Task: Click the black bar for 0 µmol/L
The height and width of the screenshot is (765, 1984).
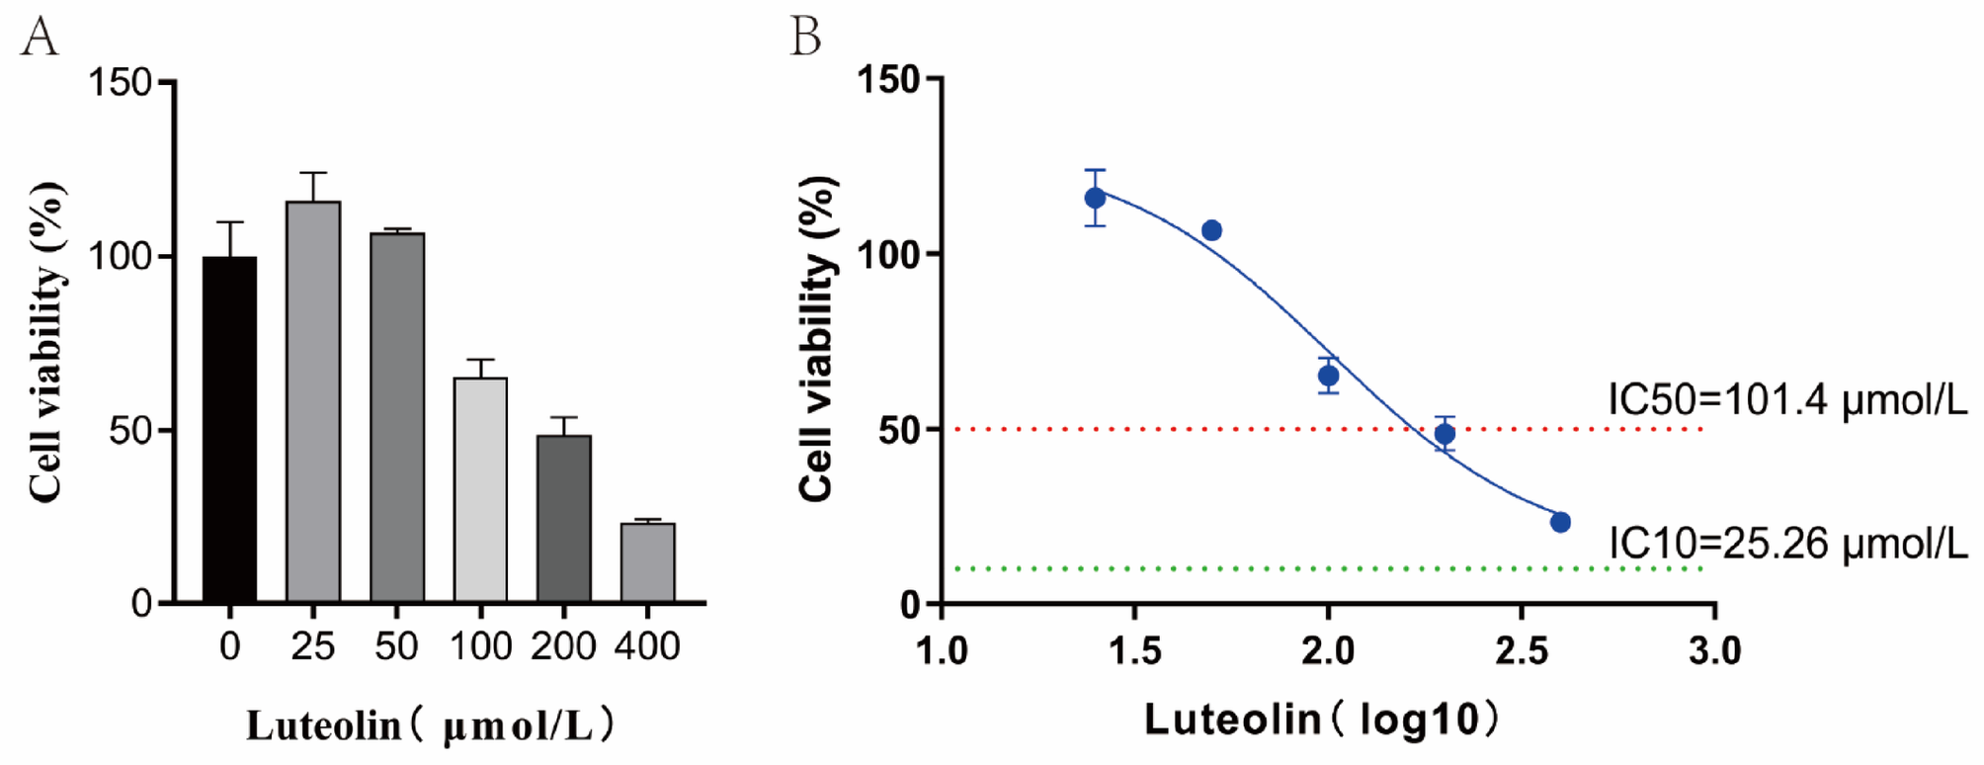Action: click(229, 430)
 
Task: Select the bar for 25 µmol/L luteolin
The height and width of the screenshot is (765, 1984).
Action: click(313, 402)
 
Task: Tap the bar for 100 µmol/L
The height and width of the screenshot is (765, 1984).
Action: click(480, 490)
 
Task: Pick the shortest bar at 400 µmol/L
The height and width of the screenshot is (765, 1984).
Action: click(647, 562)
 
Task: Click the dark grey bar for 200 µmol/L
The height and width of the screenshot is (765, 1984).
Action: click(564, 519)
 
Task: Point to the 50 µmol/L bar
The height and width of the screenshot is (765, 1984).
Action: click(397, 418)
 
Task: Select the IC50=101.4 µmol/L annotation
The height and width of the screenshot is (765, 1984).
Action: click(1786, 400)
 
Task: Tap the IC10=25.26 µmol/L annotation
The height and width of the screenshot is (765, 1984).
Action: click(1786, 543)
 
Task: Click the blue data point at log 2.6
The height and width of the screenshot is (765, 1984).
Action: click(1560, 522)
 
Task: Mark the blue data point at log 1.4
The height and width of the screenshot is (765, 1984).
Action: click(1095, 198)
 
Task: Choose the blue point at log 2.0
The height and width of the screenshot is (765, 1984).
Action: click(1328, 376)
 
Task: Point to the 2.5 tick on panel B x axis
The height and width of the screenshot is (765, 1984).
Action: click(1522, 650)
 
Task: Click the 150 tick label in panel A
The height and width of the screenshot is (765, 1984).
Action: click(120, 82)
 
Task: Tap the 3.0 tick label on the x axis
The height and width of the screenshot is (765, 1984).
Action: click(1714, 650)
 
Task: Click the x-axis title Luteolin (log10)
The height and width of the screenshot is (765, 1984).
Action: click(1321, 720)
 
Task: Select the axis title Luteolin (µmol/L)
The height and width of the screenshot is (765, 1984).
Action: click(431, 726)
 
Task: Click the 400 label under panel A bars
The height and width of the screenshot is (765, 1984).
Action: click(647, 646)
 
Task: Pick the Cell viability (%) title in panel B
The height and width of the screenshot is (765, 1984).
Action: click(818, 339)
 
